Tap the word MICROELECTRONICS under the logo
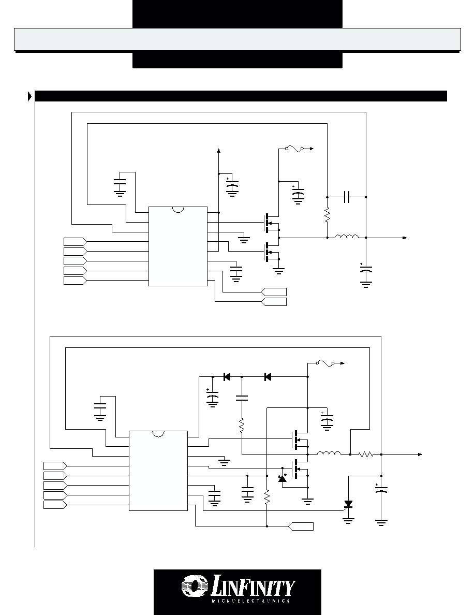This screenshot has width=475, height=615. [251, 601]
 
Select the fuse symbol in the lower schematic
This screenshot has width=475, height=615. [325, 363]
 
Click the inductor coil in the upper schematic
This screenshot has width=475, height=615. [347, 236]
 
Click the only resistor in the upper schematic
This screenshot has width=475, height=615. [327, 215]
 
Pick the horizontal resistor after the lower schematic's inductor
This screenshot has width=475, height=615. [366, 454]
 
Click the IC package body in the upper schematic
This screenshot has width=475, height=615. [178, 246]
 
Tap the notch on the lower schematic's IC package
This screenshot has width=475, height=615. [158, 434]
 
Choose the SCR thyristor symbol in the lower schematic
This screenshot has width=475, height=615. [348, 504]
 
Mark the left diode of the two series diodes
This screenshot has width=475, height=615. [227, 377]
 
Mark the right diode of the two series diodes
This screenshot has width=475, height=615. [268, 377]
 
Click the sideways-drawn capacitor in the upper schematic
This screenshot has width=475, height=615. [347, 197]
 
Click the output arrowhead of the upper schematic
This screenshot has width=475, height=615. [405, 238]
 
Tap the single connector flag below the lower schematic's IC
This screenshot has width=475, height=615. [301, 526]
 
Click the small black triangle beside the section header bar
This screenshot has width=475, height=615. [30, 96]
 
